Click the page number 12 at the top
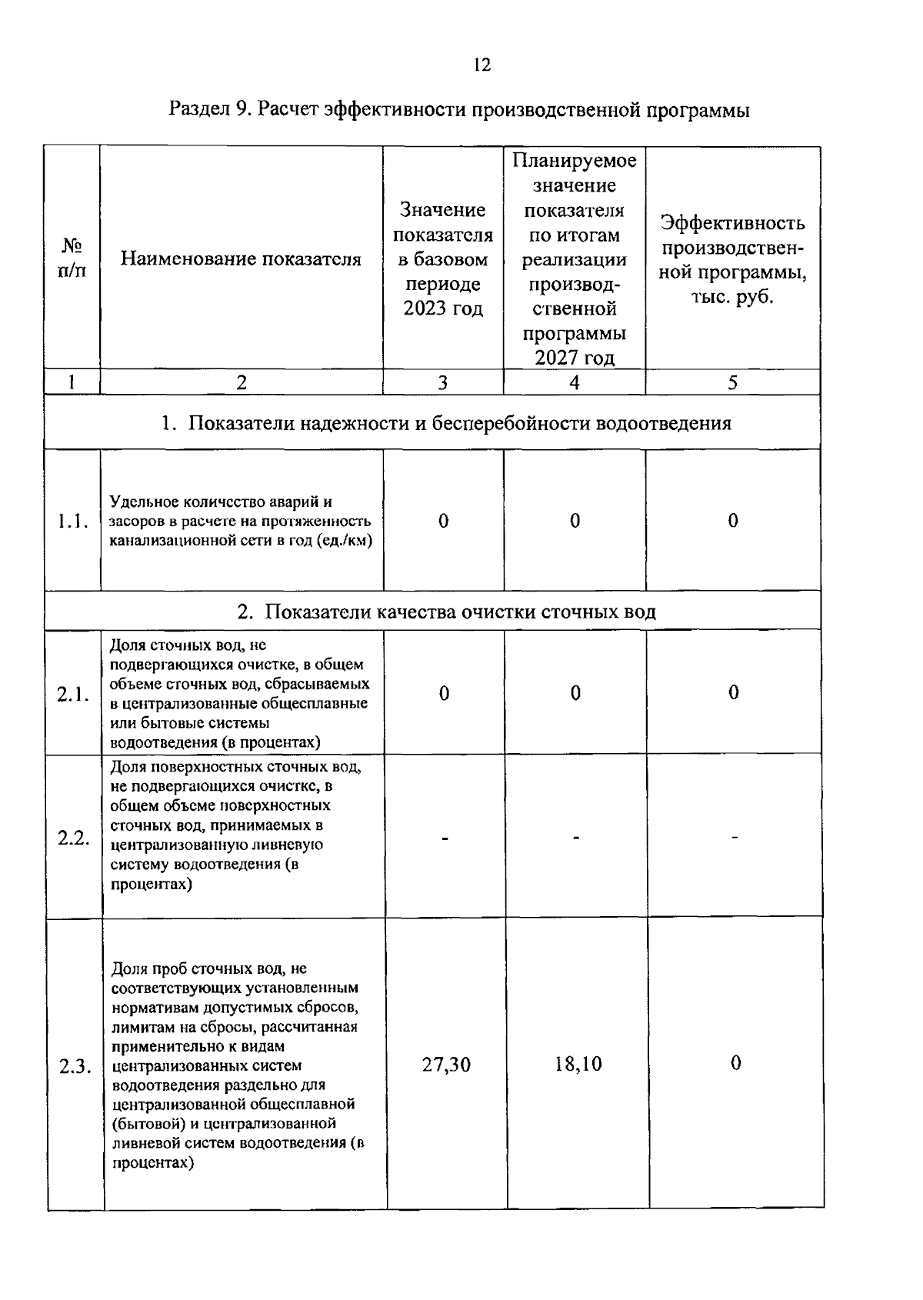tap(481, 65)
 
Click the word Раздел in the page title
tap(198, 110)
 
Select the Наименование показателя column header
tap(241, 259)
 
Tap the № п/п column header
tap(72, 258)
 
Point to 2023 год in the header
tap(443, 309)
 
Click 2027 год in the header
tap(574, 358)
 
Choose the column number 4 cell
tap(574, 382)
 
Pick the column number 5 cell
tap(732, 382)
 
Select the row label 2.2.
tap(74, 838)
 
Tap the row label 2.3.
tap(75, 1067)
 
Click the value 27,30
tap(446, 1065)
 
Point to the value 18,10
tap(578, 1064)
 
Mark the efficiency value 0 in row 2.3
tap(735, 1063)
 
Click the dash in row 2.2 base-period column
tap(445, 838)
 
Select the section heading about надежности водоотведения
tap(446, 423)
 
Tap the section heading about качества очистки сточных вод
tap(446, 612)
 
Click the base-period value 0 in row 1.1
tap(443, 521)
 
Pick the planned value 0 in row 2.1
tap(575, 693)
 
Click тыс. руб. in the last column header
tap(731, 297)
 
